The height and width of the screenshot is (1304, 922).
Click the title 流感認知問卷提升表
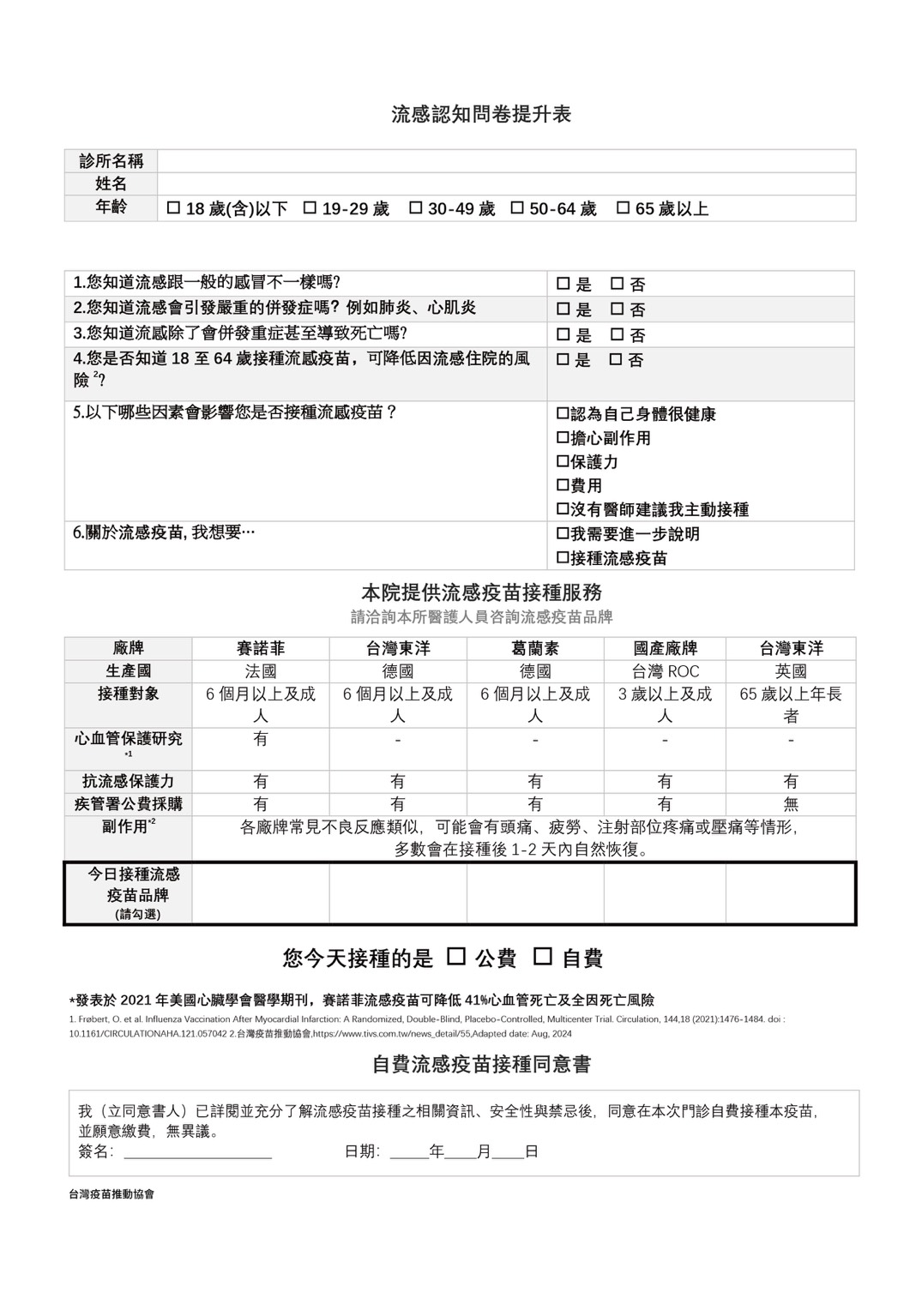coord(481,114)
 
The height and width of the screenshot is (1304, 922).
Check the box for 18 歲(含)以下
coord(174,208)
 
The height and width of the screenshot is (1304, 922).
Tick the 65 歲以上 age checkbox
coord(624,208)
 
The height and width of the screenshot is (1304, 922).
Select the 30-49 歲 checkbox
coord(416,208)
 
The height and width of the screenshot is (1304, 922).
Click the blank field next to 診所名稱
coord(506,161)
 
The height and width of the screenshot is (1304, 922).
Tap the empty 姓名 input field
coord(506,184)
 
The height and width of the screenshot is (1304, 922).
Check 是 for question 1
coord(563,284)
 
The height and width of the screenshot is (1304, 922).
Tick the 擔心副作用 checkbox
coord(563,438)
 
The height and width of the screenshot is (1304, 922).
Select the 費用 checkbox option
coord(563,485)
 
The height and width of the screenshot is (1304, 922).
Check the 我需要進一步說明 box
coord(563,534)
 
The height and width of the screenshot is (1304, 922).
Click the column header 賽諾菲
coord(261,648)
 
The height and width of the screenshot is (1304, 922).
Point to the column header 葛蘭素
coord(535,648)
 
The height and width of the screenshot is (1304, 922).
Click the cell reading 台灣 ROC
coord(665,671)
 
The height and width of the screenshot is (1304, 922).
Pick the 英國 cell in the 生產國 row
coord(791,671)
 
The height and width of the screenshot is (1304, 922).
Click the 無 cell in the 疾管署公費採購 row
coord(791,804)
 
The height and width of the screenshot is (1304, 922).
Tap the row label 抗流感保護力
coord(128,781)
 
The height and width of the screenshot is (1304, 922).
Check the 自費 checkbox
coord(543,957)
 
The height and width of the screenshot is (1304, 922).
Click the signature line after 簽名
coord(198,1152)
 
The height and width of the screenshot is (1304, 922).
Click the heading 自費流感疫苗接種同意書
coord(481,1064)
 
